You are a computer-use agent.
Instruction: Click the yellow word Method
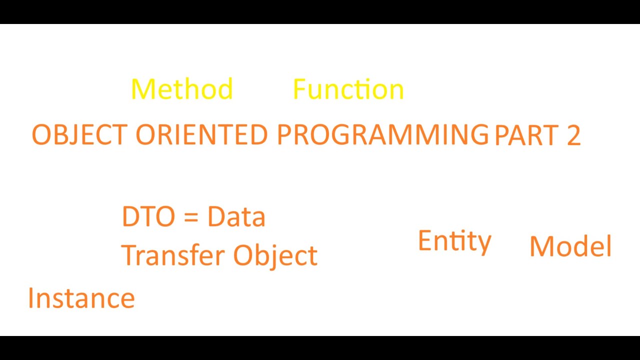pyautogui.click(x=182, y=89)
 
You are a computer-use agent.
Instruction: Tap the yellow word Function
pyautogui.click(x=348, y=89)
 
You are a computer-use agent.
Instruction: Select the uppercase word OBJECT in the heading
pyautogui.click(x=79, y=135)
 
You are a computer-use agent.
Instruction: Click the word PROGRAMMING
pyautogui.click(x=382, y=135)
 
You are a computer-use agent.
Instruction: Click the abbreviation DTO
pyautogui.click(x=148, y=217)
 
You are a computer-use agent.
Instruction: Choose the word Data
pyautogui.click(x=236, y=217)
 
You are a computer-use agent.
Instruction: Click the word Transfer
pyautogui.click(x=173, y=255)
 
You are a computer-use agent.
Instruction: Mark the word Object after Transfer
pyautogui.click(x=275, y=256)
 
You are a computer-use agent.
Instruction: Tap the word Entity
pyautogui.click(x=454, y=241)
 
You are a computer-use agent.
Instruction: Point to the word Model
pyautogui.click(x=570, y=246)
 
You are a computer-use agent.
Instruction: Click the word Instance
pyautogui.click(x=81, y=298)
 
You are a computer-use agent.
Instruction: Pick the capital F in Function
pyautogui.click(x=298, y=89)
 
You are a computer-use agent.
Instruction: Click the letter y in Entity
pyautogui.click(x=484, y=244)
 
